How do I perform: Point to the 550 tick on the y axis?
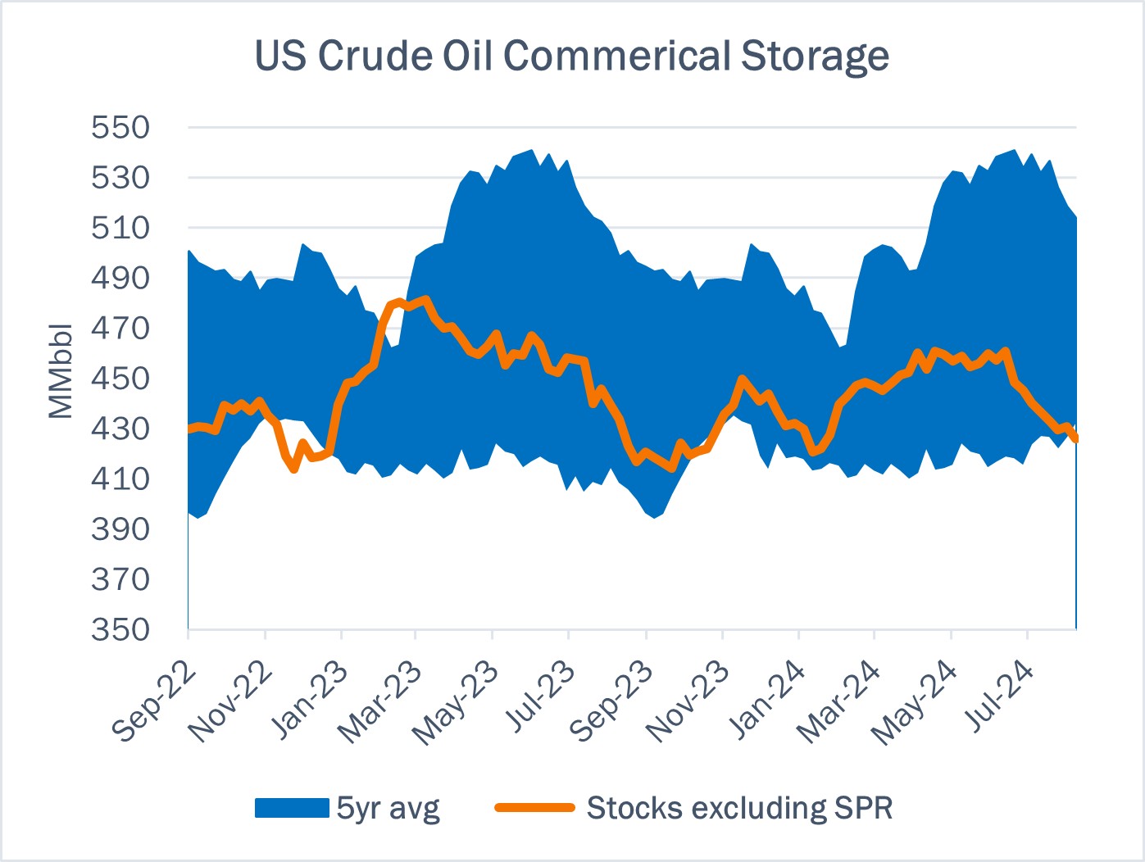[x=120, y=128]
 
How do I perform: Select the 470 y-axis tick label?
[x=120, y=329]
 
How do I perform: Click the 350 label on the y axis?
[x=120, y=629]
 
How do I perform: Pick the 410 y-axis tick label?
[x=120, y=479]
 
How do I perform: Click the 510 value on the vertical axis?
[x=120, y=228]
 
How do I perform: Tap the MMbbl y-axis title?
[x=61, y=371]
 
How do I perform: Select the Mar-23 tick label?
[x=382, y=702]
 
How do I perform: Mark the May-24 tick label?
[x=916, y=703]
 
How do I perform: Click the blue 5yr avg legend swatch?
[x=292, y=808]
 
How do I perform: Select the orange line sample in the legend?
[x=534, y=808]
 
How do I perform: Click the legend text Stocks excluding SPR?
[x=739, y=809]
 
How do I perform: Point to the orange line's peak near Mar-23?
[x=425, y=299]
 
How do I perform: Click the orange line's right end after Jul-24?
[x=1075, y=439]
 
